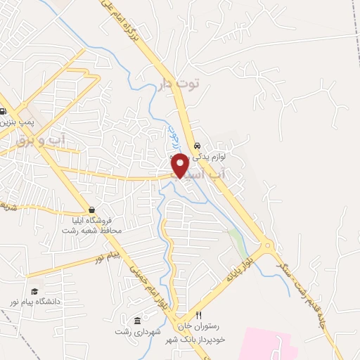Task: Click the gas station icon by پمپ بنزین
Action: (x=4, y=112)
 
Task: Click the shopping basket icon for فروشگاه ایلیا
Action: (x=92, y=210)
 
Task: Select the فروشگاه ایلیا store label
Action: (x=94, y=221)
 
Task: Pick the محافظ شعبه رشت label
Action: (x=91, y=231)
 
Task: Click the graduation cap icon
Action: (x=34, y=292)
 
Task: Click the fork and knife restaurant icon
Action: (x=198, y=316)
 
